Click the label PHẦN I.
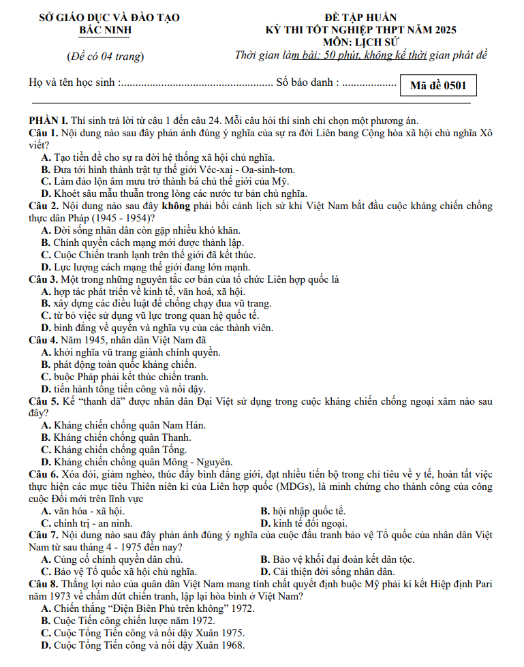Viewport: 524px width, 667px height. point(52,120)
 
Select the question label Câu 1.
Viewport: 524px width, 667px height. point(44,132)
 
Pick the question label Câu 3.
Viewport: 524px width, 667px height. point(44,279)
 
